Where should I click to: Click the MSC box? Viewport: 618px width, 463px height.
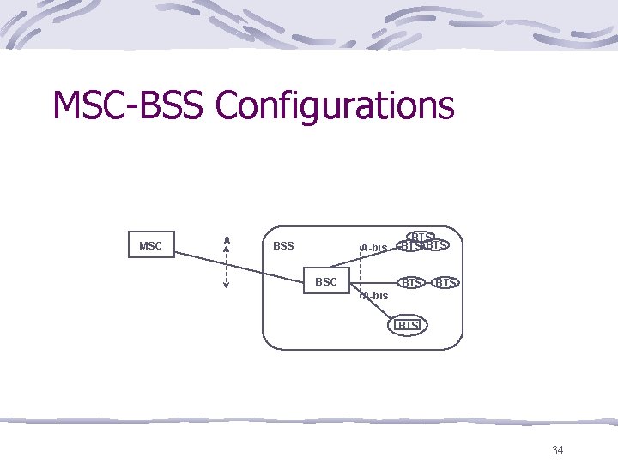[150, 245]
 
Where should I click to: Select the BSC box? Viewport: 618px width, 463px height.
[326, 281]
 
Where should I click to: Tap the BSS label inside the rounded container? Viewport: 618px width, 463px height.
[283, 246]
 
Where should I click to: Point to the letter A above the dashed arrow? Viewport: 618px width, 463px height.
[227, 240]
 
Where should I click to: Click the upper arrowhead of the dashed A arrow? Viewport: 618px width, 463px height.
[226, 250]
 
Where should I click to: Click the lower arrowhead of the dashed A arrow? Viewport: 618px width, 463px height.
[226, 286]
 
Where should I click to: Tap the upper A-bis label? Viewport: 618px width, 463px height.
[374, 248]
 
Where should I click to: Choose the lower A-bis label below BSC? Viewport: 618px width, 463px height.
[375, 296]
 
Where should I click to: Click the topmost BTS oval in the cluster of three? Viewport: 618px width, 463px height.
[421, 236]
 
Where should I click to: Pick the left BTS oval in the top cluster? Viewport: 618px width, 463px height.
[410, 246]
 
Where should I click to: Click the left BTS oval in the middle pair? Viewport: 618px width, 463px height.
[412, 282]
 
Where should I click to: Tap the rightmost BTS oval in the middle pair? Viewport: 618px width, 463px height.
[445, 282]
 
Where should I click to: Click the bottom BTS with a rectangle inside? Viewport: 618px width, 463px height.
[408, 325]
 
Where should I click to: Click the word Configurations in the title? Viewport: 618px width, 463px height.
[335, 105]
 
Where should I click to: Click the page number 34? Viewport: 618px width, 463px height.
[557, 450]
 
